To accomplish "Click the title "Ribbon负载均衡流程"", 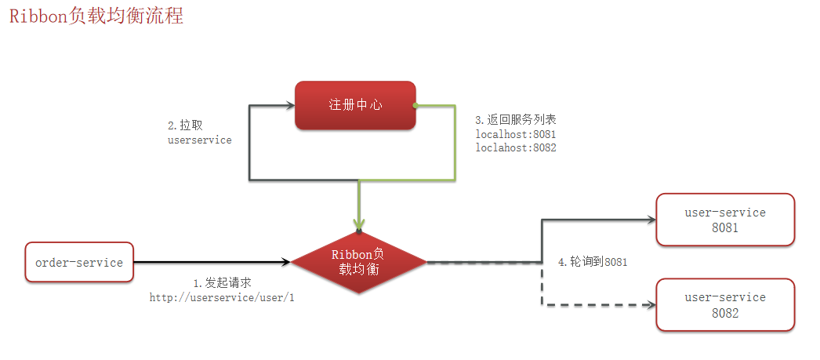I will (x=96, y=16).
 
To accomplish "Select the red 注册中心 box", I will (x=355, y=104).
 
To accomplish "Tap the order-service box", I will (x=79, y=263).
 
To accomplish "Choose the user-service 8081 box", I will (x=725, y=220).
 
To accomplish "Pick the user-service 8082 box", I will (x=725, y=304).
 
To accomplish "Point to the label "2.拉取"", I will (x=180, y=125).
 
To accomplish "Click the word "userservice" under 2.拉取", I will (x=199, y=140).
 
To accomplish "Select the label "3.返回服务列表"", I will (x=516, y=120).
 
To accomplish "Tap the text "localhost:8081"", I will (x=516, y=134).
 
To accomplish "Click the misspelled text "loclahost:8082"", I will (x=516, y=147).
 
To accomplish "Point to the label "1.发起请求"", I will (x=222, y=282).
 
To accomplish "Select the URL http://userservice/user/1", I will (x=222, y=298).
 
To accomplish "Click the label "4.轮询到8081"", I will (x=593, y=261).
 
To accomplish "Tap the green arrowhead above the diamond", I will (x=358, y=223).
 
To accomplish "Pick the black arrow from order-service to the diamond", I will (x=212, y=263).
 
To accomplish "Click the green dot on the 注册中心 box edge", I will (x=415, y=104).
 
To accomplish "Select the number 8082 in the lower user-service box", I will (x=725, y=312).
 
